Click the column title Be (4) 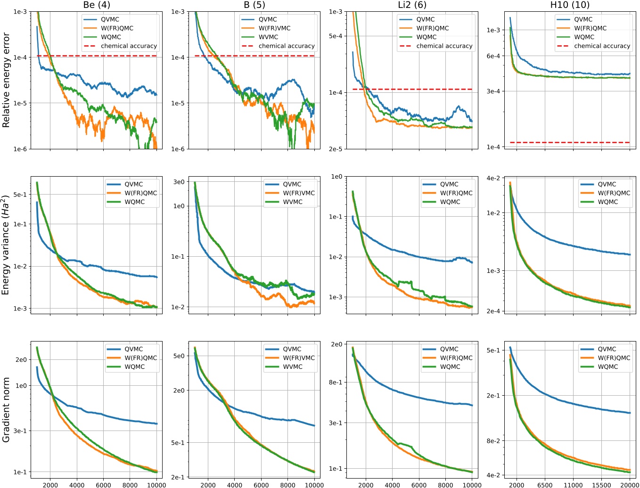coord(96,5)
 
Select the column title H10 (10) coord(569,5)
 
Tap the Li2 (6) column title coord(412,5)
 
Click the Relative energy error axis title coord(6,80)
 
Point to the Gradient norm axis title coord(6,409)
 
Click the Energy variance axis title coord(6,245)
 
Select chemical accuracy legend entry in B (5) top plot coord(286,46)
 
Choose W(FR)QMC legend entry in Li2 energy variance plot coord(456,193)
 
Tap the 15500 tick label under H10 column coord(601,485)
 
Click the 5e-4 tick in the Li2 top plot coord(336,36)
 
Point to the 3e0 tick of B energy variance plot coord(179,182)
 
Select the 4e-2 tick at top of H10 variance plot coord(493,179)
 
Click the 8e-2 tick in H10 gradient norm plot coord(493,441)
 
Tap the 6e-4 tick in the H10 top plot coord(493,56)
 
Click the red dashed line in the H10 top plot coord(570,142)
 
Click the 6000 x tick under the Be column coord(103,485)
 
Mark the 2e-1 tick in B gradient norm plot coord(178,477)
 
